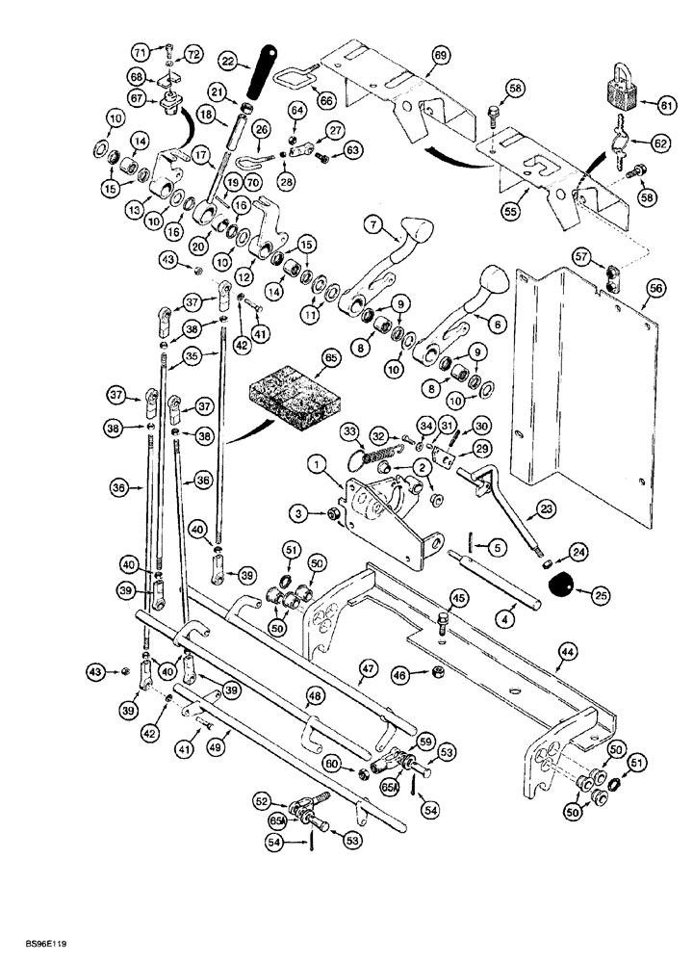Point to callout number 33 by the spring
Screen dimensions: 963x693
click(322, 429)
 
